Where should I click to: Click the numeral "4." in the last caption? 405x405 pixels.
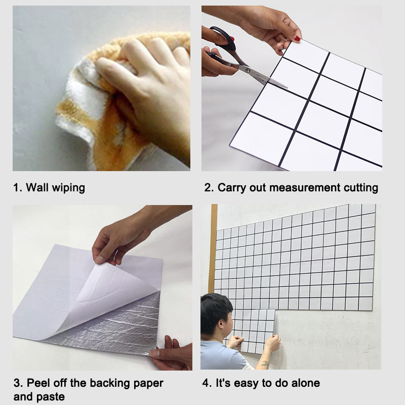tap(207, 383)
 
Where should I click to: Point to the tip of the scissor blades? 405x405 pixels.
tap(287, 88)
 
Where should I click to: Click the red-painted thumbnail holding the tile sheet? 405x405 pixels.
tap(297, 39)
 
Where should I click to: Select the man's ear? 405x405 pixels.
tap(220, 323)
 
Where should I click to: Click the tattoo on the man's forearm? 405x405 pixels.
tap(264, 363)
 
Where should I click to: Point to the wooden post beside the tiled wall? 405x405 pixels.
tap(213, 248)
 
